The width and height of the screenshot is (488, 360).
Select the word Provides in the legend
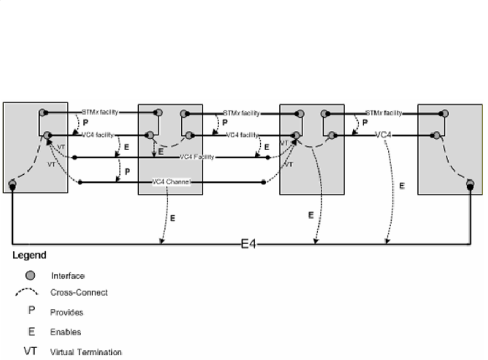tap(67, 312)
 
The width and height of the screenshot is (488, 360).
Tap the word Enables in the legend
tap(65, 332)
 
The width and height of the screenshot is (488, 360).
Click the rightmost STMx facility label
tap(384, 112)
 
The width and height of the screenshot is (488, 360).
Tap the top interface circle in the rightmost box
tap(445, 113)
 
